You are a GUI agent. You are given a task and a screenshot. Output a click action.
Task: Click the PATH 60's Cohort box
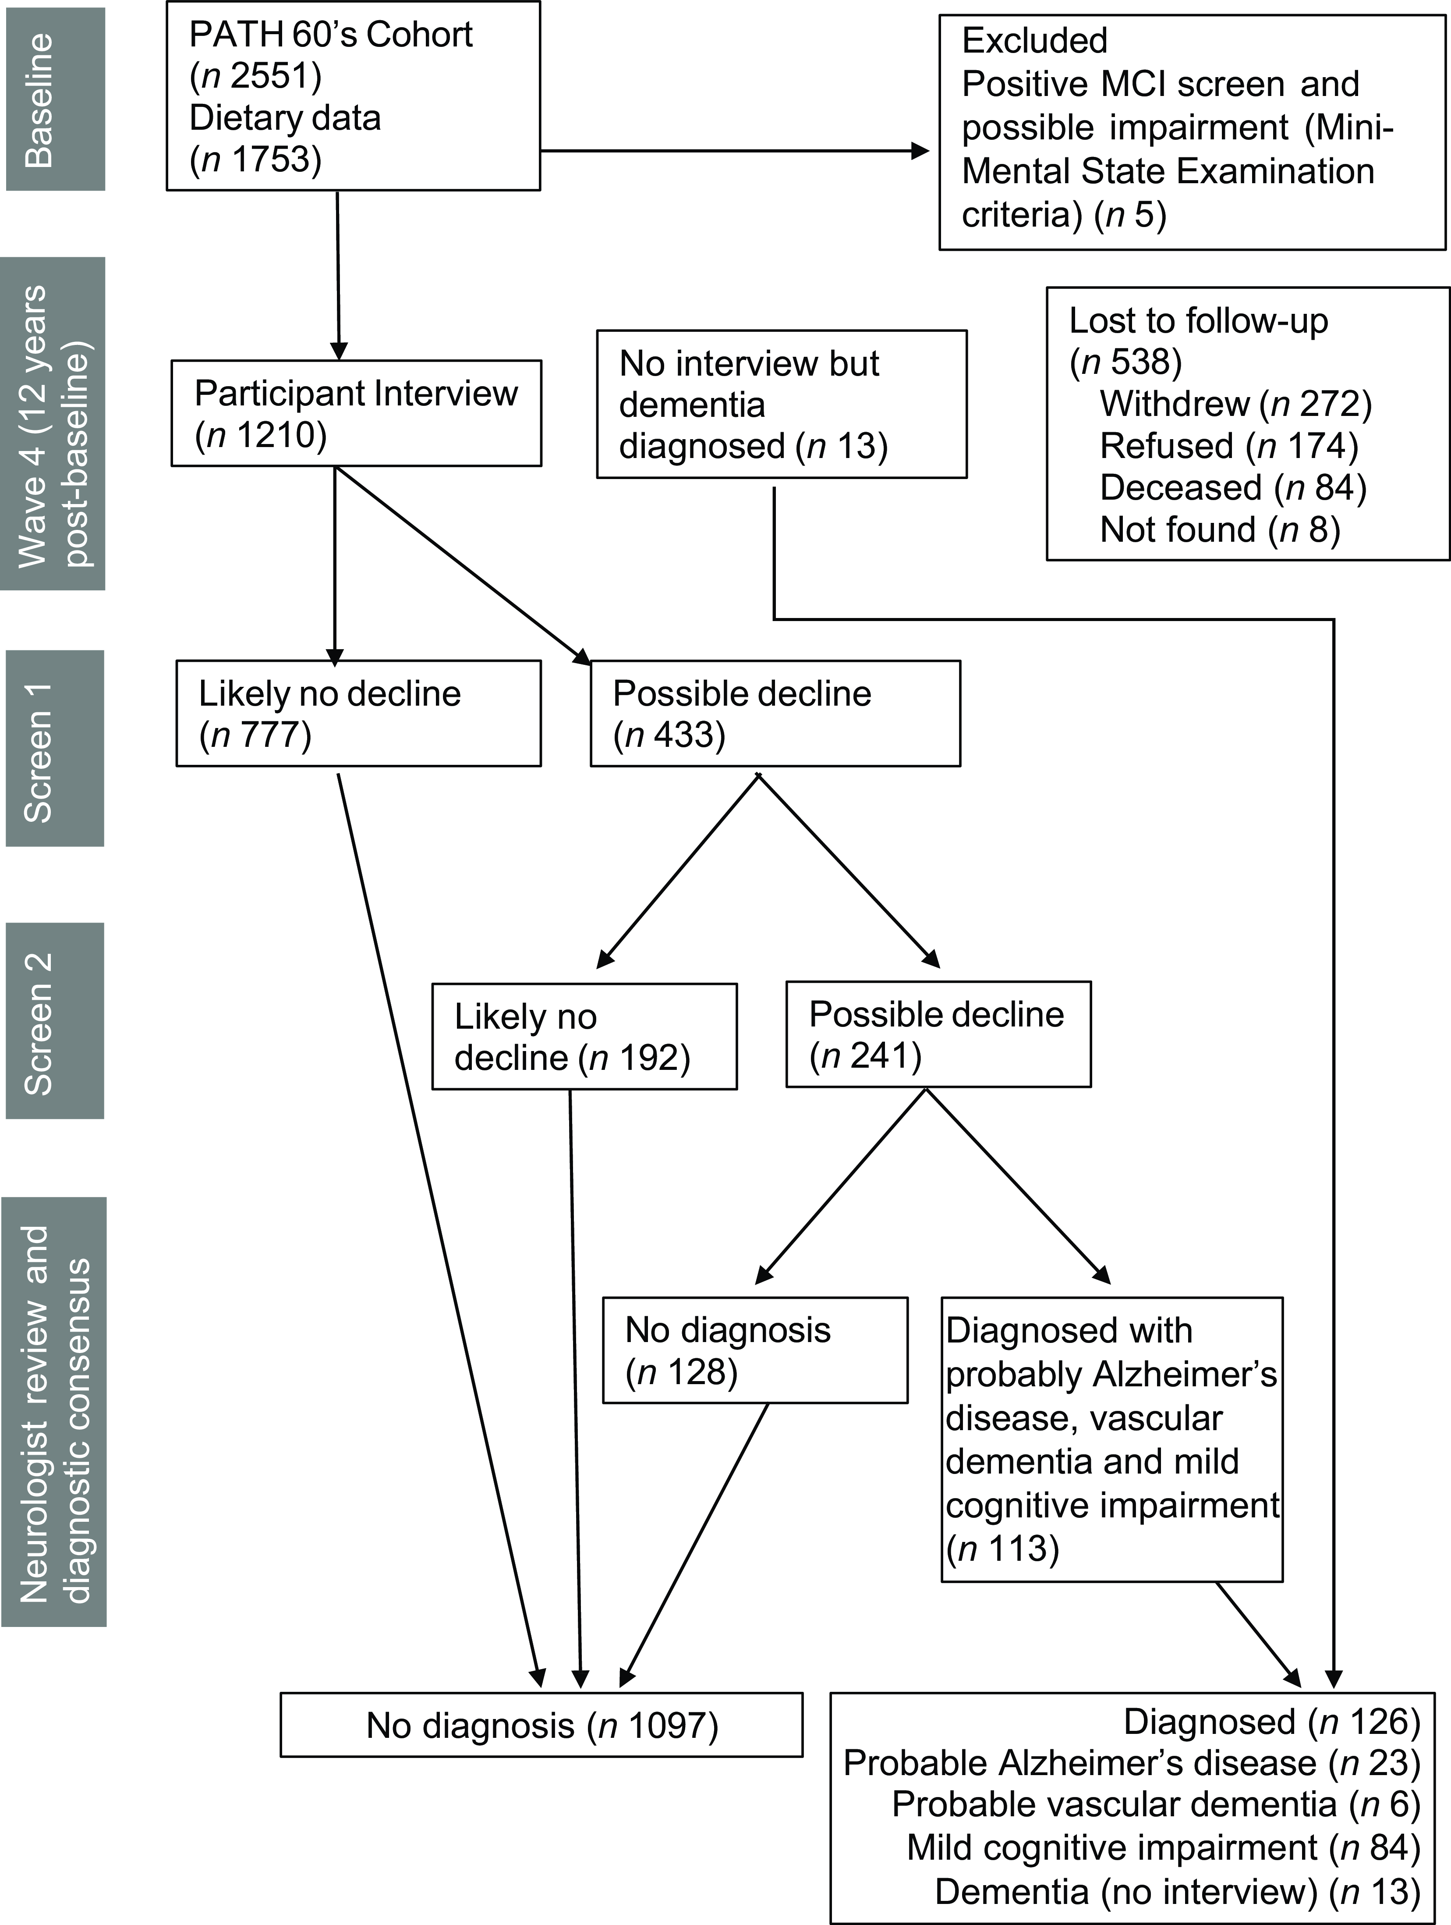[x=353, y=96]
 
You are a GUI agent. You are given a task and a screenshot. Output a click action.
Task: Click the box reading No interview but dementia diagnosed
[x=781, y=404]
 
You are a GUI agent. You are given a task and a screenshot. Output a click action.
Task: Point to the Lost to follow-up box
[x=1247, y=424]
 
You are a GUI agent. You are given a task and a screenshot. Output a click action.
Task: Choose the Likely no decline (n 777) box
[x=358, y=714]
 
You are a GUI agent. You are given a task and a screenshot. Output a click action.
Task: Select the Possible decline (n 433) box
[x=775, y=714]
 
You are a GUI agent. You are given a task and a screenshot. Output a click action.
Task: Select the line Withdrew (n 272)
[x=1235, y=404]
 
